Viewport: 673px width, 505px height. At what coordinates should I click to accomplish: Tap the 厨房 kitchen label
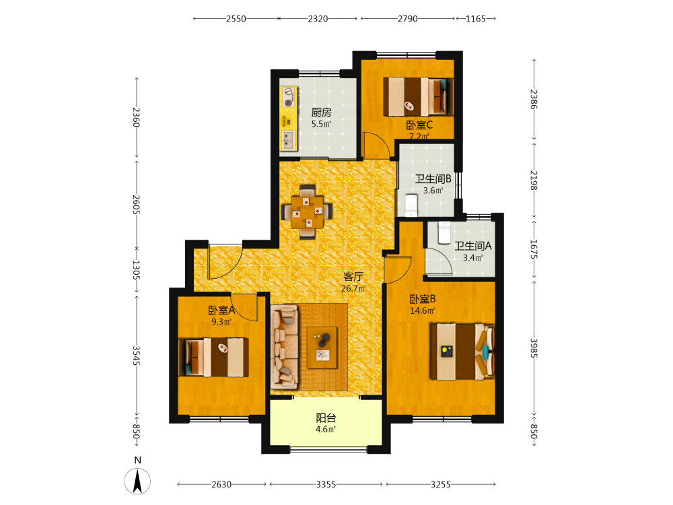click(322, 112)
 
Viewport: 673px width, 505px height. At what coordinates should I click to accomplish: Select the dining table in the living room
click(307, 211)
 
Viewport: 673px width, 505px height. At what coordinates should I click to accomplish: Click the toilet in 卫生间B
click(411, 205)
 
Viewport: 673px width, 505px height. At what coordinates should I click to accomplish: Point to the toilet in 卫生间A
click(444, 232)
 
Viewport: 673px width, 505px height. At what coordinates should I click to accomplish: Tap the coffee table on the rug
click(322, 347)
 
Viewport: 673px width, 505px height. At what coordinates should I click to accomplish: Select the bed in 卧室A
click(214, 358)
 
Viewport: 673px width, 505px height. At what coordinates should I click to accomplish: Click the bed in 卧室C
click(418, 96)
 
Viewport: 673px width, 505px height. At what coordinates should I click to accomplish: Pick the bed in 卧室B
click(463, 351)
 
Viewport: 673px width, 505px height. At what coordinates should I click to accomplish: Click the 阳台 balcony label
click(326, 418)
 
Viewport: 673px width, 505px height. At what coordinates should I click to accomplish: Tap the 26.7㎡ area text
click(353, 289)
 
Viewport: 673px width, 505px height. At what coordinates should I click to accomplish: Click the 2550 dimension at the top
click(236, 18)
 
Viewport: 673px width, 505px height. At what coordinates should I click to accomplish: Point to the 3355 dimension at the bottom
click(326, 484)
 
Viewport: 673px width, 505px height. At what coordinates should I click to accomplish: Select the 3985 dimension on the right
click(534, 348)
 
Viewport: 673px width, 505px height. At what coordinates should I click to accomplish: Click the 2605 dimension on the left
click(136, 205)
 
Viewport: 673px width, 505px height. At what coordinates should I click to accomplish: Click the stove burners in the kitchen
click(289, 97)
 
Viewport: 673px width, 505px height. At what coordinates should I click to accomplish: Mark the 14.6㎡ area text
click(423, 311)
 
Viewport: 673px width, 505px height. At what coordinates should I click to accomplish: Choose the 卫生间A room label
click(473, 246)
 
